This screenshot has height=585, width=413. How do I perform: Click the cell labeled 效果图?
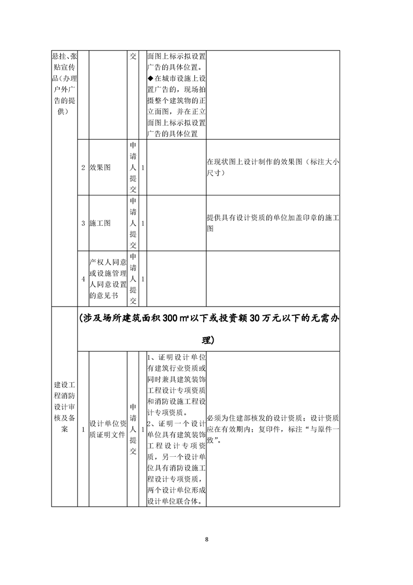tap(100, 168)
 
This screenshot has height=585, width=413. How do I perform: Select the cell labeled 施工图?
tap(100, 223)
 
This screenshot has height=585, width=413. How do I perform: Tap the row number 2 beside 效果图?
tap(83, 168)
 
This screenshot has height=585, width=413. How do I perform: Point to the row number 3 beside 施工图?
tap(83, 223)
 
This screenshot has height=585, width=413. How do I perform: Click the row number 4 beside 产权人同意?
tap(83, 279)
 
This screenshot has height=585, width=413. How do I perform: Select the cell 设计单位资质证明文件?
tap(107, 429)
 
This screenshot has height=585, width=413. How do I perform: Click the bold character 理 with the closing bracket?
tap(208, 340)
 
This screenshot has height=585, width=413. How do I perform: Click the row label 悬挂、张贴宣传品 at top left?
tap(64, 83)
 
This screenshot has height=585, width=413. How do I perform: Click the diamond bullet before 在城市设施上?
tap(150, 78)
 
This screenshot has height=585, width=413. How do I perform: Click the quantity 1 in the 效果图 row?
tap(143, 168)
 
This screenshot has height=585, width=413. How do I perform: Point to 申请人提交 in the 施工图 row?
tap(133, 223)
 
